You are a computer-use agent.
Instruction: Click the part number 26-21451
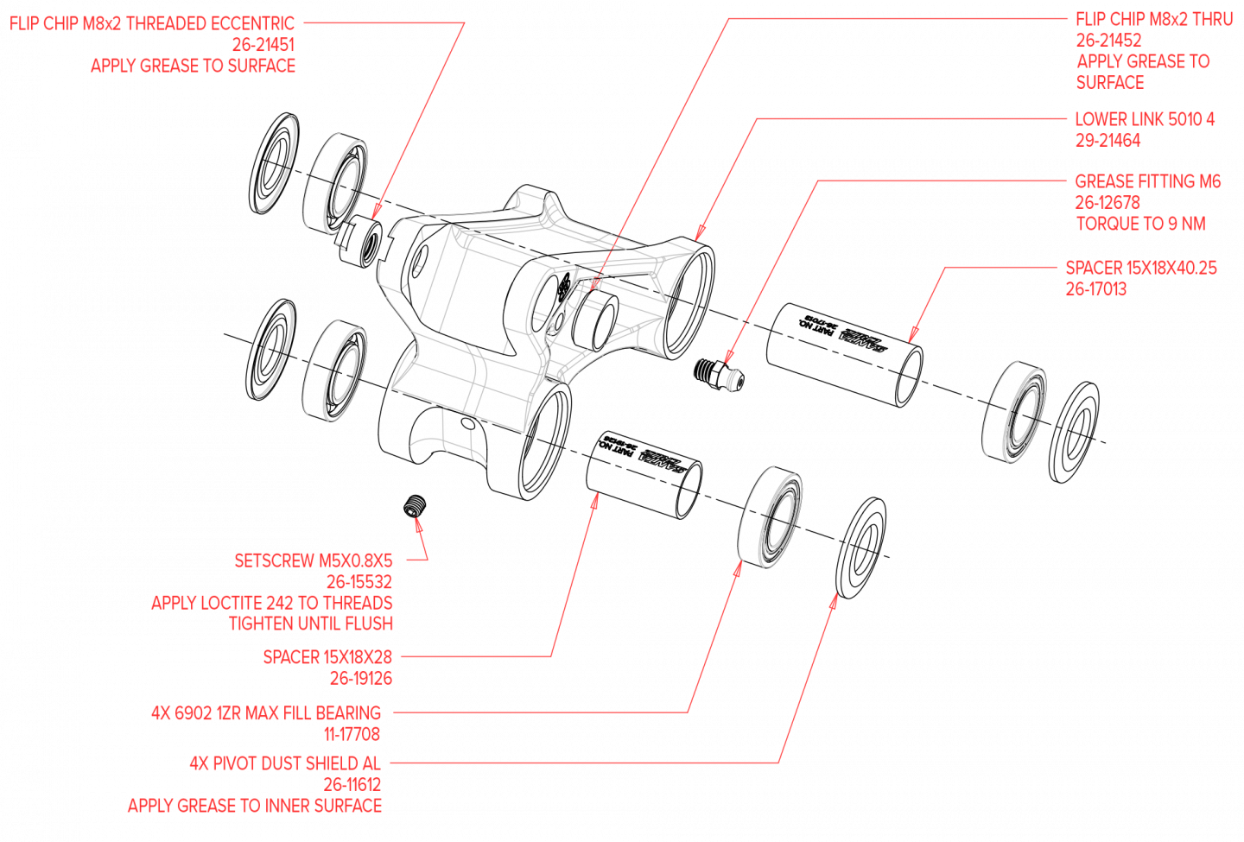(263, 45)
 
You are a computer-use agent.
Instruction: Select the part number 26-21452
(1108, 41)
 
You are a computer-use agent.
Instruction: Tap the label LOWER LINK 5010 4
(1145, 119)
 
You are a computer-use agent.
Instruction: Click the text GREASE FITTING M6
(1147, 181)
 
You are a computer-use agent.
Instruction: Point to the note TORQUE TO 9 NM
(1140, 225)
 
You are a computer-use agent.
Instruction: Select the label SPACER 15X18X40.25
(1141, 268)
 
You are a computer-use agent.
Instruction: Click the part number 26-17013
(1096, 289)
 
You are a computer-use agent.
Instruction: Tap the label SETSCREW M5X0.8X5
(313, 560)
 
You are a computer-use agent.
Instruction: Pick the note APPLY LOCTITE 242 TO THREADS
(271, 603)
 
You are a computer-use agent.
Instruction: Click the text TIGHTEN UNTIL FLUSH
(310, 624)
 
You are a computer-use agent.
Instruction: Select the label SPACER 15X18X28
(327, 657)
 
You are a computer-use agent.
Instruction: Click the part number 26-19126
(360, 679)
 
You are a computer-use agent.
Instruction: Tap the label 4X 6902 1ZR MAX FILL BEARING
(265, 713)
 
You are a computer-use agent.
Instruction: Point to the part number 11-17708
(352, 735)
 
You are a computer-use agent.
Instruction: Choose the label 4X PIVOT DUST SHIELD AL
(284, 763)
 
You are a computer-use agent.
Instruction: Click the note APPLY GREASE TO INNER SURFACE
(254, 806)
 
